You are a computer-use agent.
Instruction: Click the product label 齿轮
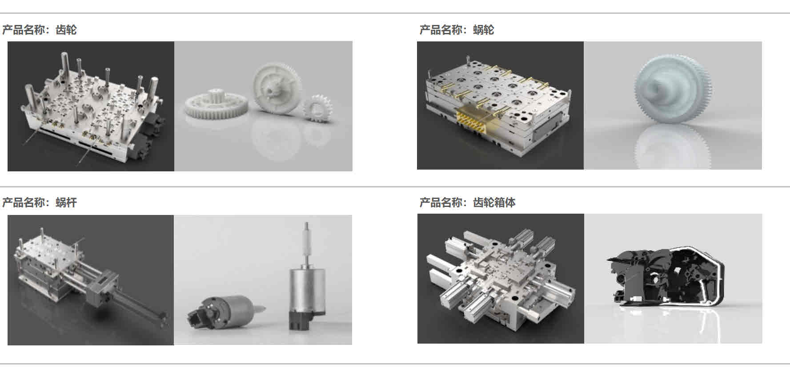coord(66,30)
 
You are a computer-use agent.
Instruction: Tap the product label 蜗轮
coord(483,30)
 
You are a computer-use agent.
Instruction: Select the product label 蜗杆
coord(66,203)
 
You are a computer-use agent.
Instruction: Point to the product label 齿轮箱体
coord(494,203)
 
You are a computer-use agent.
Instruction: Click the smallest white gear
coord(317,109)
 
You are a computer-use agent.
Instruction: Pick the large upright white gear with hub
coord(276,88)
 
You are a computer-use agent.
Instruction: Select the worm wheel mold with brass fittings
coord(498,107)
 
